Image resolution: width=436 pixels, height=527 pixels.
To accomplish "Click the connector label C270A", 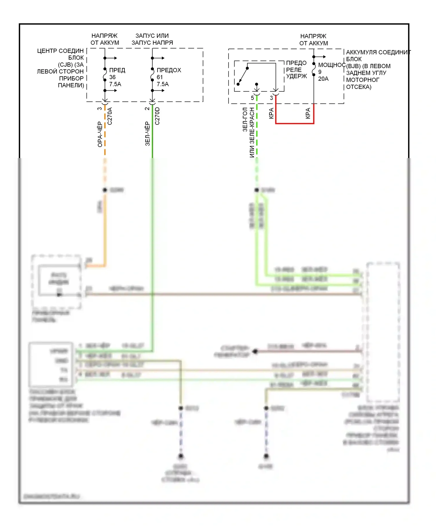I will coord(110,116).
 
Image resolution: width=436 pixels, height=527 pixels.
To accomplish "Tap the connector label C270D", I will coord(157,116).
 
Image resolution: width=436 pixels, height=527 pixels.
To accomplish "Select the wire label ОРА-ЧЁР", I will coord(100,134).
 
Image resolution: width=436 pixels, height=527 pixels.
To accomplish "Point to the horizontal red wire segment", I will coord(295,123).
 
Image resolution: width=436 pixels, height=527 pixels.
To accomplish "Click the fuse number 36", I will coord(112,77).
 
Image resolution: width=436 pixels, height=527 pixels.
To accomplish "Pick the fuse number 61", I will coord(160,77).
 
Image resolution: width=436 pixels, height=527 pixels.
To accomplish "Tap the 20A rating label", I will coord(323,79).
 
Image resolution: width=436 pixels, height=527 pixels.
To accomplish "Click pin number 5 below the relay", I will coord(252,98).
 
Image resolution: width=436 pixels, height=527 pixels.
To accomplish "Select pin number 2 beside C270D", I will coord(147,109).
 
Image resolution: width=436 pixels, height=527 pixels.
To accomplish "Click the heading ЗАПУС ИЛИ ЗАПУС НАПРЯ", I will coord(152,39).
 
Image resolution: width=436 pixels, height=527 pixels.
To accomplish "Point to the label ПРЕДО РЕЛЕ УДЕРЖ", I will coord(296,70).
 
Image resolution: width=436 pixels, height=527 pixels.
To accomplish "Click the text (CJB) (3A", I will coord(71,64).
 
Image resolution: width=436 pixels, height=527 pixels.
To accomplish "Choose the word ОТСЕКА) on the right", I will coord(359,87).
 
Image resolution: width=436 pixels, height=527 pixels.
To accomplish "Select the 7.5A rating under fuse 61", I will coord(163,84).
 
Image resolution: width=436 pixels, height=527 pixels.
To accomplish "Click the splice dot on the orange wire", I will coord(105,190).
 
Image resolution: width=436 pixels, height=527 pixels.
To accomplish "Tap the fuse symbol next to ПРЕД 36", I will coord(105,74).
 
